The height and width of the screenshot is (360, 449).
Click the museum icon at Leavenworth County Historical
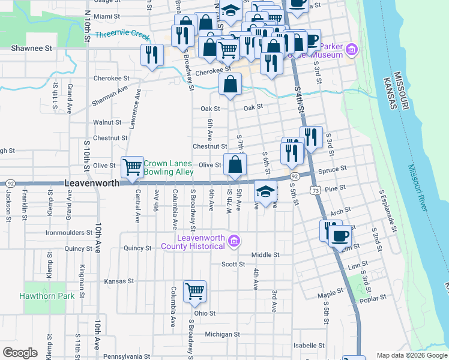click(x=234, y=241)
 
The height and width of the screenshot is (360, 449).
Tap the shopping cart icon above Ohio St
click(x=194, y=292)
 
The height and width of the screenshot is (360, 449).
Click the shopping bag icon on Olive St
click(x=235, y=164)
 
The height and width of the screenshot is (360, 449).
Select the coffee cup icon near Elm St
click(x=340, y=235)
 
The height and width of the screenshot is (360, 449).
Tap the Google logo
click(x=20, y=352)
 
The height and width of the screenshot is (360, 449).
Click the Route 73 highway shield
click(x=315, y=190)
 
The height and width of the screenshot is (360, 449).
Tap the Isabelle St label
click(x=309, y=346)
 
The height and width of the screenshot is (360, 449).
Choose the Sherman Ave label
click(x=110, y=95)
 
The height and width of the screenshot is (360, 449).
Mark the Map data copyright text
click(x=412, y=355)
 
